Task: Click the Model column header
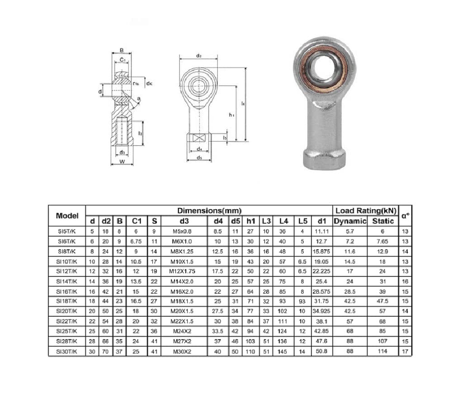click(67, 215)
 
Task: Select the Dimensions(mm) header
click(209, 211)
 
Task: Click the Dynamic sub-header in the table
click(350, 221)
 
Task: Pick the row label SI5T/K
click(67, 231)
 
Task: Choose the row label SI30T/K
click(67, 351)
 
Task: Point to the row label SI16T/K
click(67, 291)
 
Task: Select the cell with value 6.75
click(136, 241)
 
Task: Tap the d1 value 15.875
click(321, 251)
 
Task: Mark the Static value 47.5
click(382, 301)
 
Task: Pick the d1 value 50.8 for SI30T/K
click(321, 351)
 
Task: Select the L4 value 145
click(283, 351)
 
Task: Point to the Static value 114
click(382, 351)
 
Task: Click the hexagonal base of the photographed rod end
click(324, 159)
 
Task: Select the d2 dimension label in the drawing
click(198, 56)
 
